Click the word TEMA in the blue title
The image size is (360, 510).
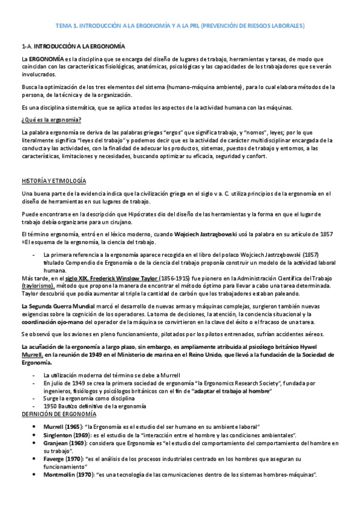[63, 26]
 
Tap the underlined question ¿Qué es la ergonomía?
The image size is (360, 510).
[47, 119]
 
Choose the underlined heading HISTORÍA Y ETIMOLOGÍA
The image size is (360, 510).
[53, 181]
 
